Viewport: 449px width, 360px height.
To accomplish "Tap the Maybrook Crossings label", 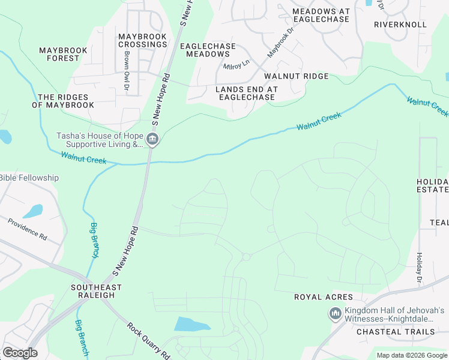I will tap(142, 41).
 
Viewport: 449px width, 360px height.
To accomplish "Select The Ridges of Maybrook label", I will tap(63, 101).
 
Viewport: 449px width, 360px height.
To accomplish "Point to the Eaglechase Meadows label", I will tap(208, 50).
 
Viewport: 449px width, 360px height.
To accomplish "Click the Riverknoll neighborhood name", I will tap(400, 25).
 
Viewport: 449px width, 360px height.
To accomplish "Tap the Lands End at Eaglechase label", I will tap(238, 93).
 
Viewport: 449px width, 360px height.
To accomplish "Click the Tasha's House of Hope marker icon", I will tap(152, 140).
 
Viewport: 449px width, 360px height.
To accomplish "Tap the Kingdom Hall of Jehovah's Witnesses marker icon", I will tap(334, 314).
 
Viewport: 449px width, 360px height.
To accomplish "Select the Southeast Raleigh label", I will tap(96, 292).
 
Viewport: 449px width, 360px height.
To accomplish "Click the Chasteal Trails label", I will tap(396, 331).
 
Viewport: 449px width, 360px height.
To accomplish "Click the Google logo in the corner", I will tap(20, 352).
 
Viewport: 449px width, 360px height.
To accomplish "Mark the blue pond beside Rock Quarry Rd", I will tap(191, 325).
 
